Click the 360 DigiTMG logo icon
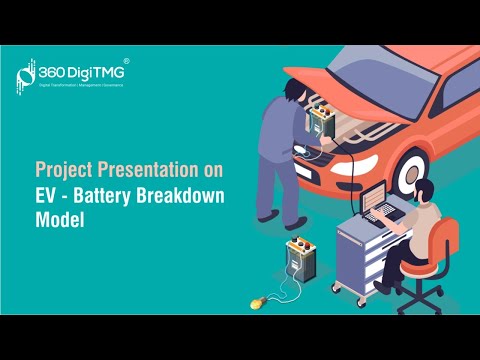[25, 73]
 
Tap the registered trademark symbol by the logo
[125, 60]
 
